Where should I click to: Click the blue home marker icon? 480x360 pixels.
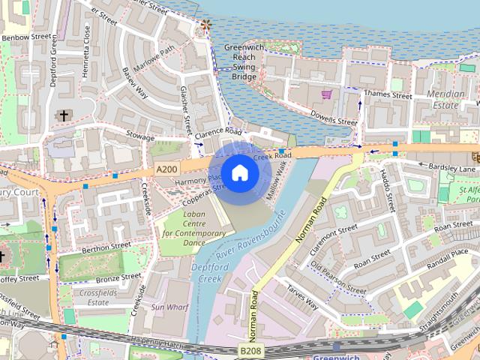tap(240, 172)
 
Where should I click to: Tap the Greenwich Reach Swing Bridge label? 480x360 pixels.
tap(244, 61)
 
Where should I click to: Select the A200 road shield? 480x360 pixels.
tap(166, 171)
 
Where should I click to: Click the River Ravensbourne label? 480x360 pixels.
tap(256, 238)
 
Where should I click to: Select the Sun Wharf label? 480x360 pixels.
tap(168, 307)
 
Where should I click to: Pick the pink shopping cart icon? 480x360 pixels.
tap(326, 94)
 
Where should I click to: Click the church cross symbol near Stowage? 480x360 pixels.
tap(64, 116)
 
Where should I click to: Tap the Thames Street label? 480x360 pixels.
tap(388, 95)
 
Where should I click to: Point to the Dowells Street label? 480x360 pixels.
tap(334, 121)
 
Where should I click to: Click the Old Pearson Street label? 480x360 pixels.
tap(338, 278)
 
